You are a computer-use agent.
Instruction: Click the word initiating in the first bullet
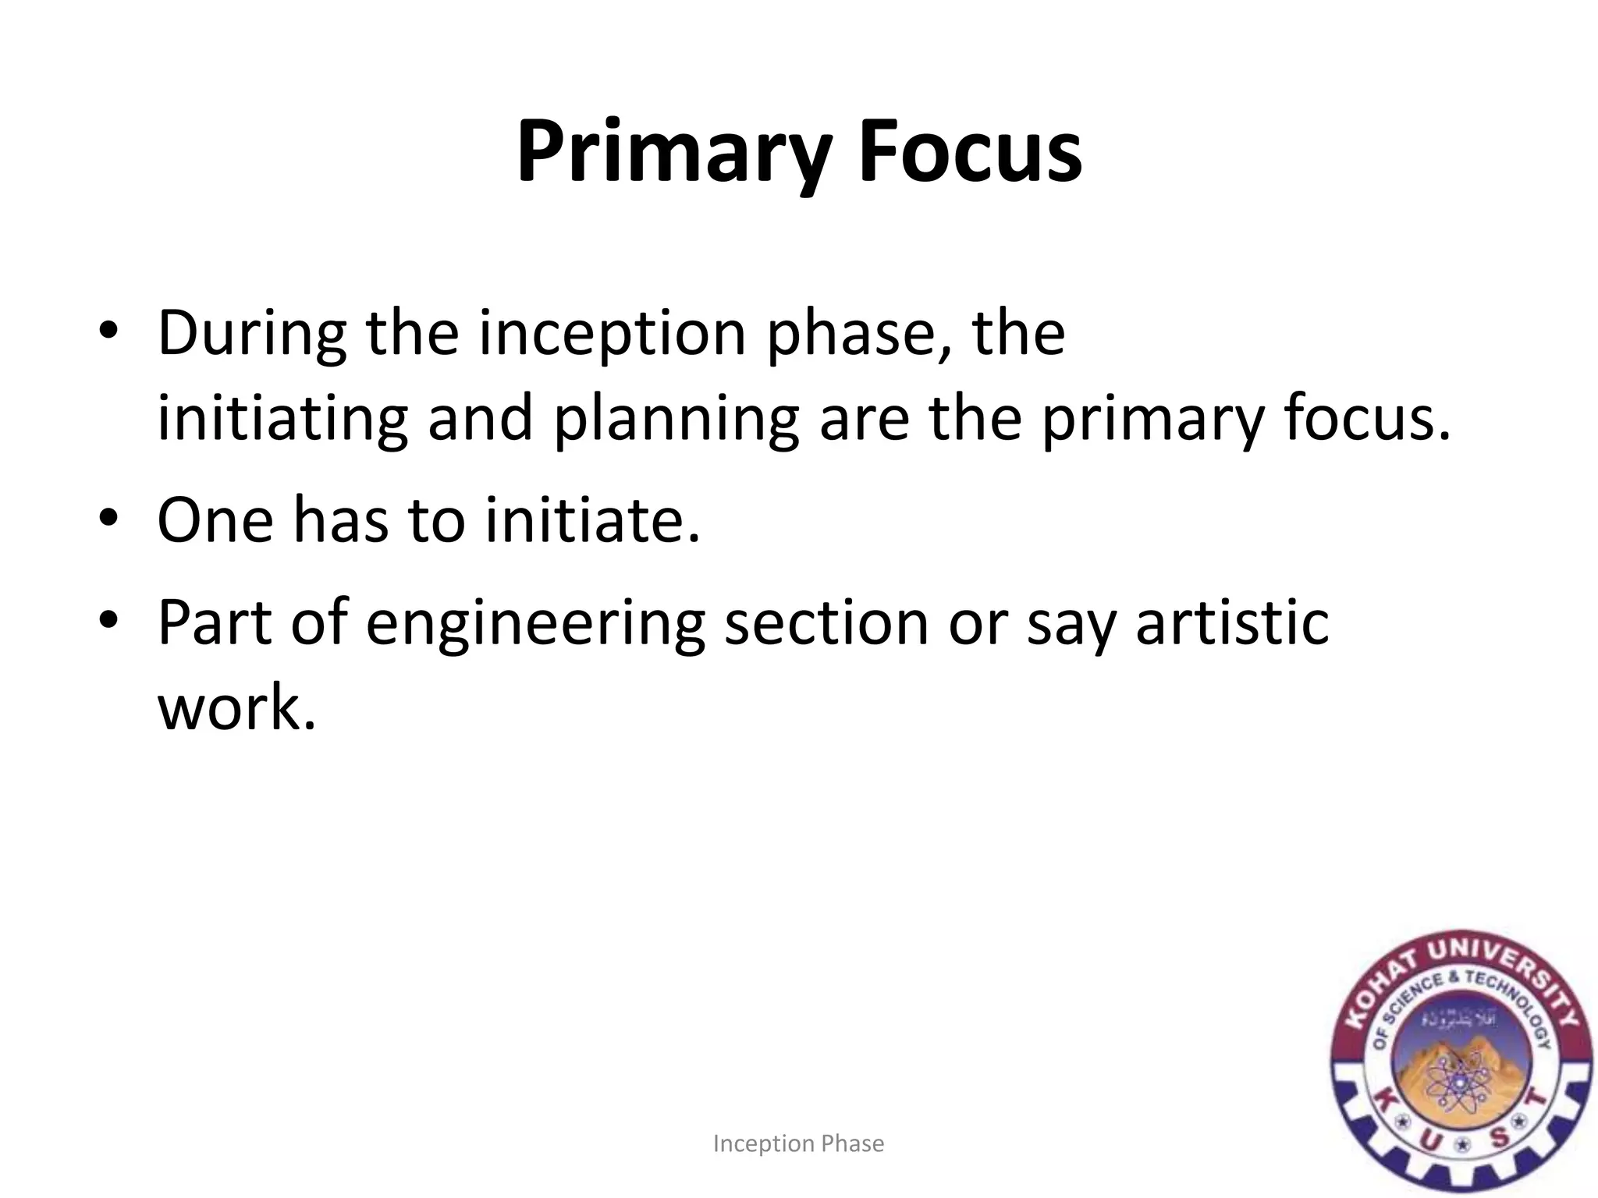click(282, 420)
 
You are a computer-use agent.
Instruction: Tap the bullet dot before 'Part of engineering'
click(108, 621)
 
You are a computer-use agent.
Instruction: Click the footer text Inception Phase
click(798, 1143)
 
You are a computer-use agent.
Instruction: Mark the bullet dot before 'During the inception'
click(108, 332)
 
